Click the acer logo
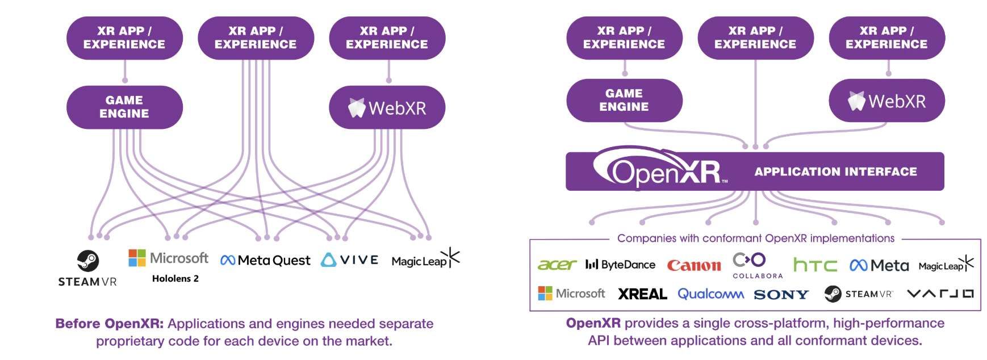click(557, 265)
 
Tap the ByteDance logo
click(620, 265)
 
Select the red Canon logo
click(693, 265)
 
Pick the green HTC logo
click(815, 265)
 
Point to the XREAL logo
click(642, 294)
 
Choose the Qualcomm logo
click(710, 294)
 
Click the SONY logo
click(781, 295)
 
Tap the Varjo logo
click(940, 294)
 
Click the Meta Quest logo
click(265, 261)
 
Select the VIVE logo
click(350, 260)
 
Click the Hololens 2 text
click(175, 279)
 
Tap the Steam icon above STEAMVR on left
click(88, 261)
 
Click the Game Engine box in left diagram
click(124, 107)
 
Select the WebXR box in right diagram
click(886, 101)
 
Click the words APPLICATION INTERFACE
click(835, 171)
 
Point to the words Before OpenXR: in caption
click(109, 324)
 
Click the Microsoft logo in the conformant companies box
click(571, 294)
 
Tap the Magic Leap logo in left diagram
click(425, 259)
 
